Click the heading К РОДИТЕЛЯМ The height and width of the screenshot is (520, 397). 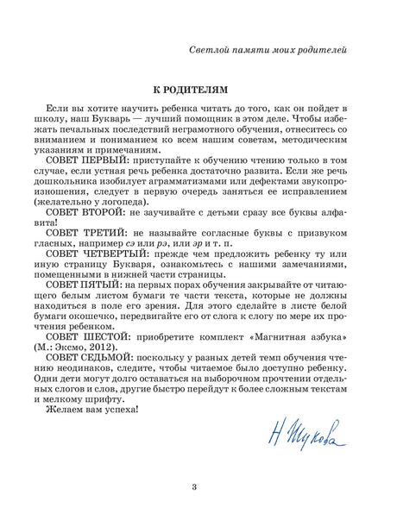coord(198,89)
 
